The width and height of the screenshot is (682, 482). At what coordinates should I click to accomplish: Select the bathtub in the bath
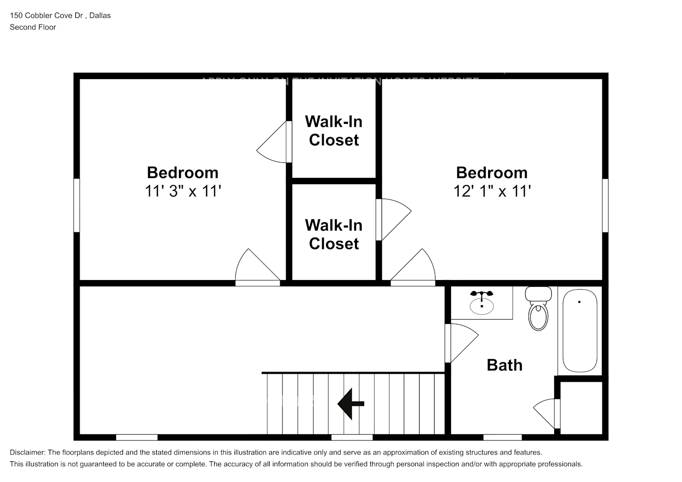(580, 331)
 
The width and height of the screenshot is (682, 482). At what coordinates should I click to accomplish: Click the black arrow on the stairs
(351, 404)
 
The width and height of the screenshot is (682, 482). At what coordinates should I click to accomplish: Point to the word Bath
(505, 365)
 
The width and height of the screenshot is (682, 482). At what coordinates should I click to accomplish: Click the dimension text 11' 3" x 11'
(183, 191)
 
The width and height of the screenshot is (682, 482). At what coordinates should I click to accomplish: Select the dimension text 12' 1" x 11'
(492, 191)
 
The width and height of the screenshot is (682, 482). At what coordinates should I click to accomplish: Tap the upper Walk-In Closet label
(334, 131)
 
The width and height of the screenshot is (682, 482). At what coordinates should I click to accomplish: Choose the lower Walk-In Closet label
(334, 234)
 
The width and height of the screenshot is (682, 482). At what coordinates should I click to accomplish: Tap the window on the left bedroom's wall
(76, 205)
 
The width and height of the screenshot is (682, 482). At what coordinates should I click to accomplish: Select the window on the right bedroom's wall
(605, 205)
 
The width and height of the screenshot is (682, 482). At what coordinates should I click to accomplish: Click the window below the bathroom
(502, 437)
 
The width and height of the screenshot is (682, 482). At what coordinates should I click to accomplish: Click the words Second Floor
(33, 27)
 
